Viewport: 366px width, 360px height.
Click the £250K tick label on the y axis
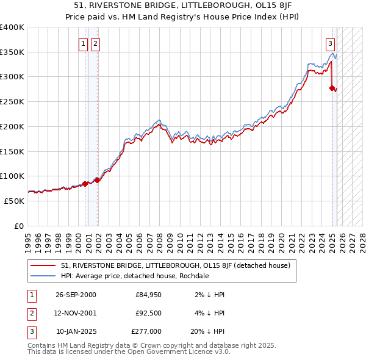[x=12, y=102]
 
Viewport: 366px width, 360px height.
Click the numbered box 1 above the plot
[x=83, y=43]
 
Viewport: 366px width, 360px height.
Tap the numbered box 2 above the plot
[x=96, y=43]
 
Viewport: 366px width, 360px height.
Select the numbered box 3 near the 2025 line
[x=330, y=43]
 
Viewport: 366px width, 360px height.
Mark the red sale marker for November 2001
[x=97, y=180]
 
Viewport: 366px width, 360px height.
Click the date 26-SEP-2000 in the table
[x=76, y=295]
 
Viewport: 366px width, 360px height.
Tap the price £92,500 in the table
[x=148, y=313]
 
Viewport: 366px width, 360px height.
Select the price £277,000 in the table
[x=146, y=332]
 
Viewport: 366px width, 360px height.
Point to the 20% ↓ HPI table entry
[x=207, y=332]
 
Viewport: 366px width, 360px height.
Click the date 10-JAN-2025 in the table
[x=76, y=332]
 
